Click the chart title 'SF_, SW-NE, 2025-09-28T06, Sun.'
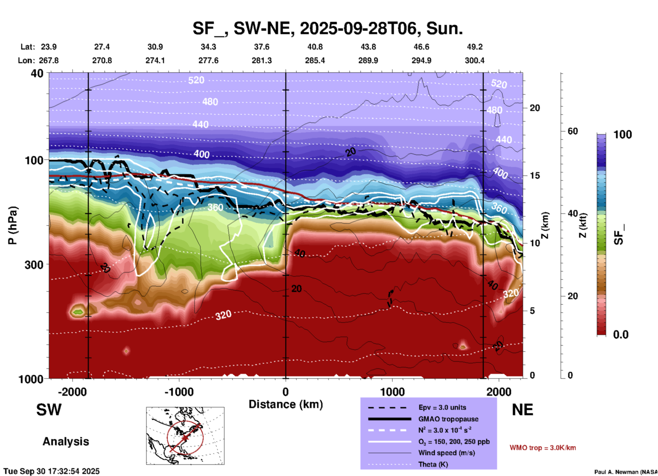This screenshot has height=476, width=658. click(328, 28)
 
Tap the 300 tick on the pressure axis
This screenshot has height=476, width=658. click(34, 264)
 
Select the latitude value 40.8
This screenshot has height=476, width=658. click(315, 47)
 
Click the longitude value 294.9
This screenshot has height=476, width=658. click(421, 60)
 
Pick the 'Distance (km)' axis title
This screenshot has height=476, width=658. click(286, 404)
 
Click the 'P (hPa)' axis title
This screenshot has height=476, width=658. click(13, 225)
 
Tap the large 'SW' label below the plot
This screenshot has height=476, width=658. click(49, 410)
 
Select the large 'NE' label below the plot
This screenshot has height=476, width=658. click(522, 410)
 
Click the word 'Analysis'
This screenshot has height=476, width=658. click(66, 442)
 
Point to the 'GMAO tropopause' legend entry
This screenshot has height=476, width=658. click(448, 419)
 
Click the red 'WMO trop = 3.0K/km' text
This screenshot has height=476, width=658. click(543, 448)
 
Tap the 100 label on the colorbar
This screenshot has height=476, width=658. click(622, 135)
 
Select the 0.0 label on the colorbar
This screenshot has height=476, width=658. click(621, 334)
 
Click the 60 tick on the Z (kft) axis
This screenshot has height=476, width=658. click(573, 131)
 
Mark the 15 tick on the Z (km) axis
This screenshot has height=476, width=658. click(535, 176)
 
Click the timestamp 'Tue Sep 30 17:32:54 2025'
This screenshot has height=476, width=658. click(52, 471)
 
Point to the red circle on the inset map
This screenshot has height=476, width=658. click(185, 422)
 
